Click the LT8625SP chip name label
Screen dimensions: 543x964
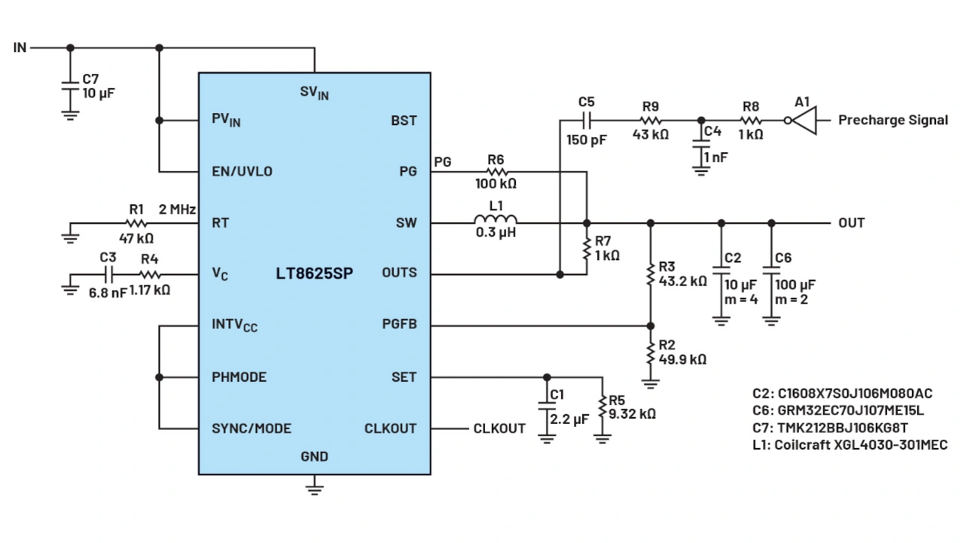click(314, 273)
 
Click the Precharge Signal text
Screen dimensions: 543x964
click(893, 120)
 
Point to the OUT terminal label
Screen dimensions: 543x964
click(852, 223)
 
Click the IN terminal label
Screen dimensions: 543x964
click(20, 47)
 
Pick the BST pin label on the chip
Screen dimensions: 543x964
click(404, 120)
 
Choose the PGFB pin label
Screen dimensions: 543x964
click(399, 325)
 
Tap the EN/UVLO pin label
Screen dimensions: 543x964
click(242, 172)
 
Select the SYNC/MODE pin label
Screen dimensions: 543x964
click(251, 429)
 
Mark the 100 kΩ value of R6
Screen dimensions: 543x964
click(495, 184)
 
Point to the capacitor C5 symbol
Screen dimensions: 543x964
click(587, 120)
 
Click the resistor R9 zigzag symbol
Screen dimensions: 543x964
click(651, 120)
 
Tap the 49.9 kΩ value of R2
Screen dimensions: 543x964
click(682, 359)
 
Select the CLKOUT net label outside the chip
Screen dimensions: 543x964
click(499, 429)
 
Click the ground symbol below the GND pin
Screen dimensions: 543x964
click(314, 490)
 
